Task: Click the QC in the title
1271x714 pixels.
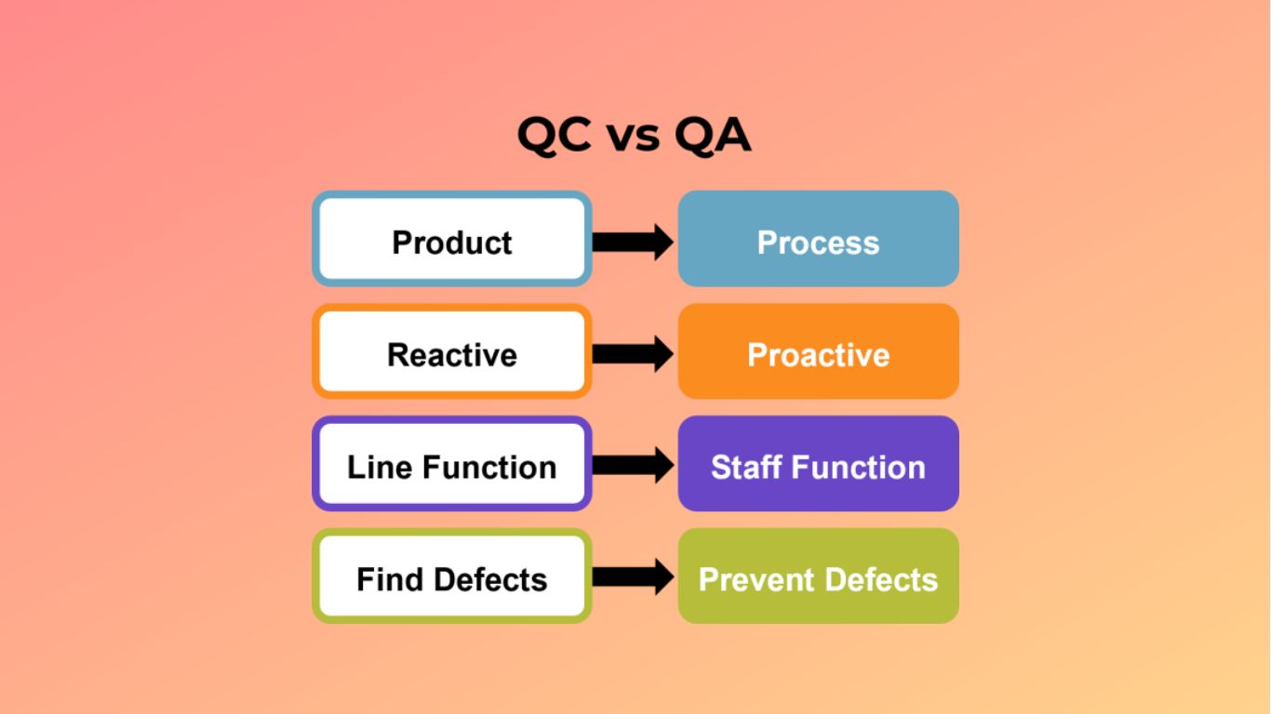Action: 554,137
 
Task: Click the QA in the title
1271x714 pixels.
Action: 712,137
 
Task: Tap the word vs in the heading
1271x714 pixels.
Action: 633,139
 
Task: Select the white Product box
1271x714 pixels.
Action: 452,239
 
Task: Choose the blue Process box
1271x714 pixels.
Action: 818,239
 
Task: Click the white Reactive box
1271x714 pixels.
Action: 452,351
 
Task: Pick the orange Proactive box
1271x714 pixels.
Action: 818,351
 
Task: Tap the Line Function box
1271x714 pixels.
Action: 452,464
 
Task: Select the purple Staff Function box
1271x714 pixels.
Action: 818,464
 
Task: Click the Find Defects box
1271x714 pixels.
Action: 452,576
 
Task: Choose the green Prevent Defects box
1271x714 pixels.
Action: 818,576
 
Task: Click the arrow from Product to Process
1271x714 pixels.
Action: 633,242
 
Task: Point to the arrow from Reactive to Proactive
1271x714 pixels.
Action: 633,353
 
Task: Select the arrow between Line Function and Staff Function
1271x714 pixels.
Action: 633,465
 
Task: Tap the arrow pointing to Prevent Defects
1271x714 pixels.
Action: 633,577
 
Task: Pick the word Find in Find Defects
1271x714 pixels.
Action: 383,579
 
